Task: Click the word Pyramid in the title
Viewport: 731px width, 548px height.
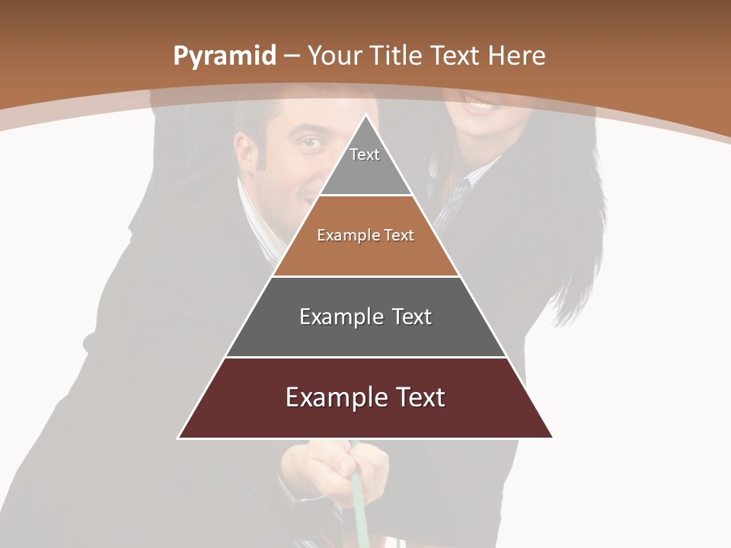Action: (224, 56)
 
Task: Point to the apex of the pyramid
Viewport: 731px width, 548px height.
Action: (365, 116)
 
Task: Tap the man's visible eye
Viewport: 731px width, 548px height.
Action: (308, 142)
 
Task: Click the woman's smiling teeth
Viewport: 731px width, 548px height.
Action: (479, 106)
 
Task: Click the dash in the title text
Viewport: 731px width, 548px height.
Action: (292, 56)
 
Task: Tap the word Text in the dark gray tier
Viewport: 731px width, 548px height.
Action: (412, 317)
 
